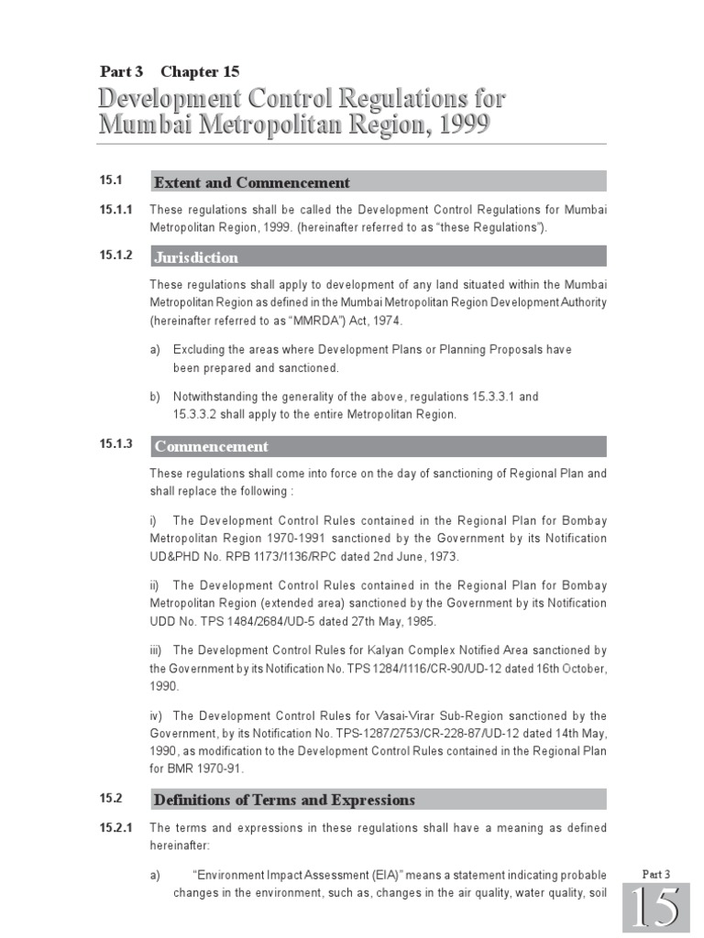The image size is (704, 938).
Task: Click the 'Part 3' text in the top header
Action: [123, 71]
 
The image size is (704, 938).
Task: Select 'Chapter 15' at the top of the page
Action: [201, 71]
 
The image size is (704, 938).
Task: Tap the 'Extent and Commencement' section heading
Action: [252, 182]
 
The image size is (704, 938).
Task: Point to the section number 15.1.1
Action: [116, 210]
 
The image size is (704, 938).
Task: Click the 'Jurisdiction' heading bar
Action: [196, 257]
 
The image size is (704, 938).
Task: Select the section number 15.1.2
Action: [116, 256]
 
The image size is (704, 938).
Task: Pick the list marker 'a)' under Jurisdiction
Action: [156, 350]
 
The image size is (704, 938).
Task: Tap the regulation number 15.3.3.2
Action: [200, 414]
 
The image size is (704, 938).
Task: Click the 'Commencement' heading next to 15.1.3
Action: [212, 447]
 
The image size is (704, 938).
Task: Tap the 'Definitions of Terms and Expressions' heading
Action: [284, 800]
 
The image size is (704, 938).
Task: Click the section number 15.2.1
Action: [116, 827]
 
